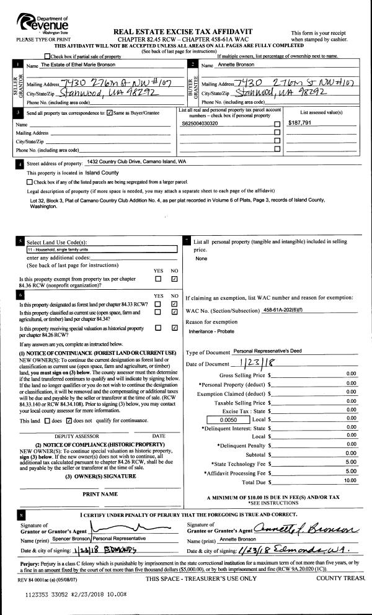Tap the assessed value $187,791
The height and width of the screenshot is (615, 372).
[x=301, y=123]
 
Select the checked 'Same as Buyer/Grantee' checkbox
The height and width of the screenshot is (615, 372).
[x=110, y=113]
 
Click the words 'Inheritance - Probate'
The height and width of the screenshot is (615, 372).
[x=214, y=331]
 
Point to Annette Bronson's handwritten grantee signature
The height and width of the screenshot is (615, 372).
[x=307, y=527]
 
